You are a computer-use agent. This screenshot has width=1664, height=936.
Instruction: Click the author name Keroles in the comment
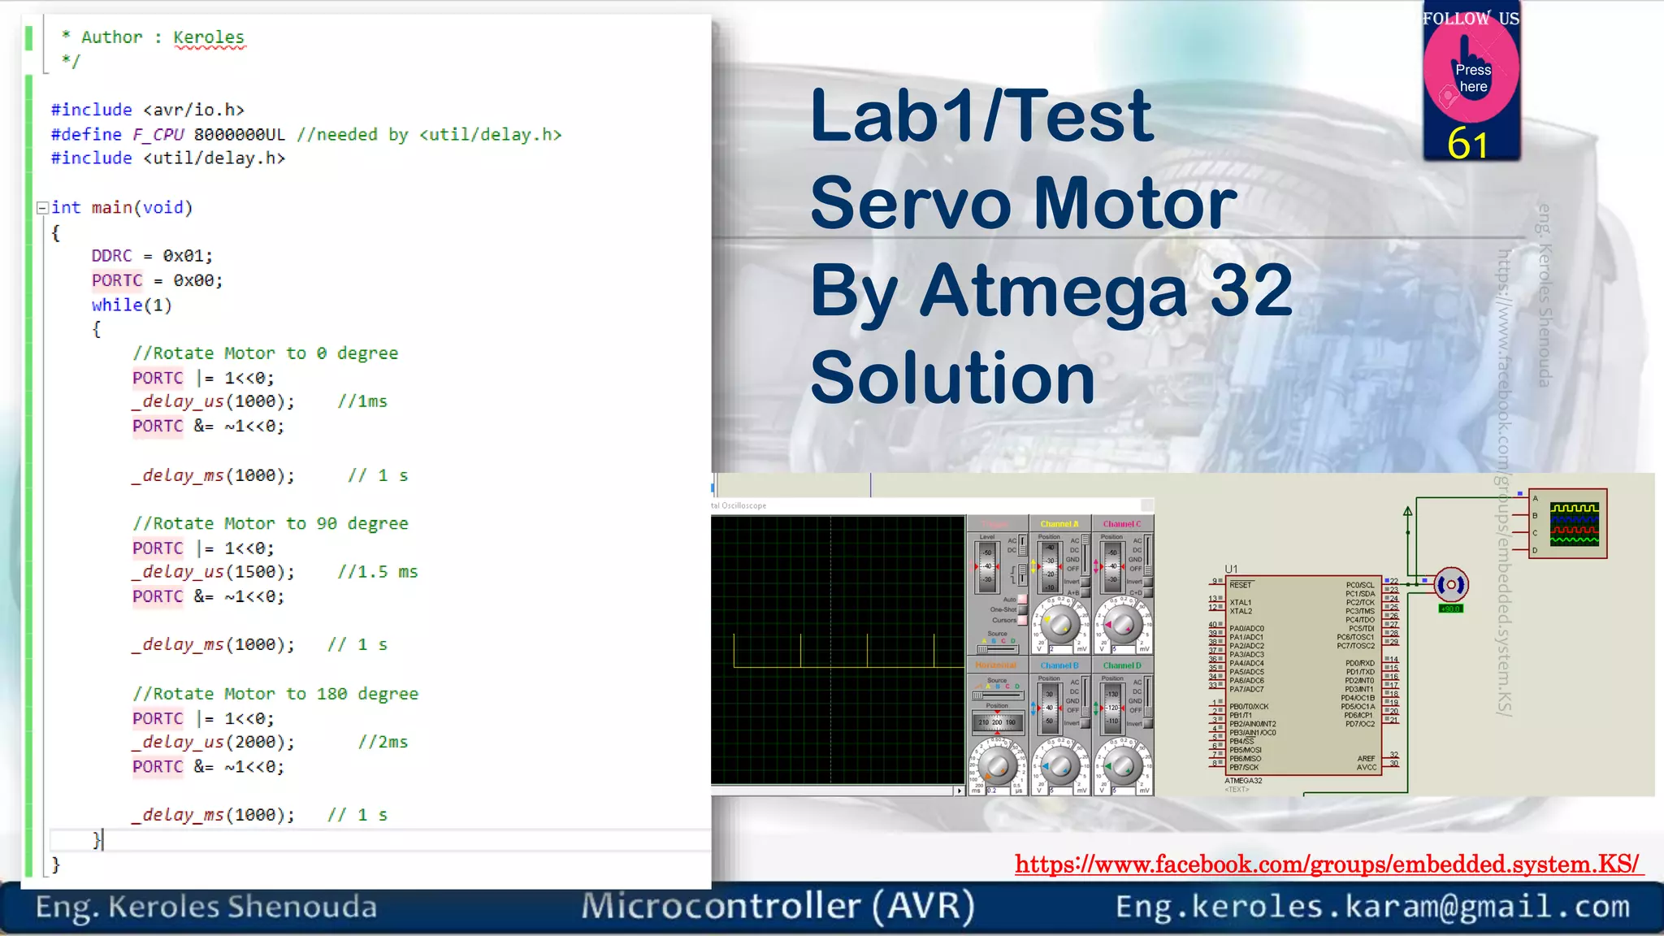208,37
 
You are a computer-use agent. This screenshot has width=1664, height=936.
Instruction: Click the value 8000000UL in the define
240,135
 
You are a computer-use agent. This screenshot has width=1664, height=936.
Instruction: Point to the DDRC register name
111,256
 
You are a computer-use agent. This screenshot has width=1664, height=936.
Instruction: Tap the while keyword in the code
117,305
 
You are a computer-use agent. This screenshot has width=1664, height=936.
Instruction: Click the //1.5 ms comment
377,572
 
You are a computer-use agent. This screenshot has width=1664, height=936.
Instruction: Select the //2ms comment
383,742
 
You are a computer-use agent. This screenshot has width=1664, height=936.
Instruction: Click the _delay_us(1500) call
213,572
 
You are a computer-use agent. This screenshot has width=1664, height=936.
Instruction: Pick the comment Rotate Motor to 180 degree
275,694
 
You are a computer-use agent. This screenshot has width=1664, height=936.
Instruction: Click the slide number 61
1467,145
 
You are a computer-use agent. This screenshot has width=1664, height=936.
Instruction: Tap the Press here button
1471,77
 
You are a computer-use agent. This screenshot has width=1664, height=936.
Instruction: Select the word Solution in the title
953,378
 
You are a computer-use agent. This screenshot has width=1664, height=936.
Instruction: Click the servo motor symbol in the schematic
1451,584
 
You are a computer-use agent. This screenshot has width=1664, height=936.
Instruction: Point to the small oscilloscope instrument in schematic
1569,523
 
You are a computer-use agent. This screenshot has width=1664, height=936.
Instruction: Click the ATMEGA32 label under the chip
1243,781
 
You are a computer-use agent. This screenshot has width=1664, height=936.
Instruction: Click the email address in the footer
1372,907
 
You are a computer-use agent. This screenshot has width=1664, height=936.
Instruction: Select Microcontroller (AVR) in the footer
778,907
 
